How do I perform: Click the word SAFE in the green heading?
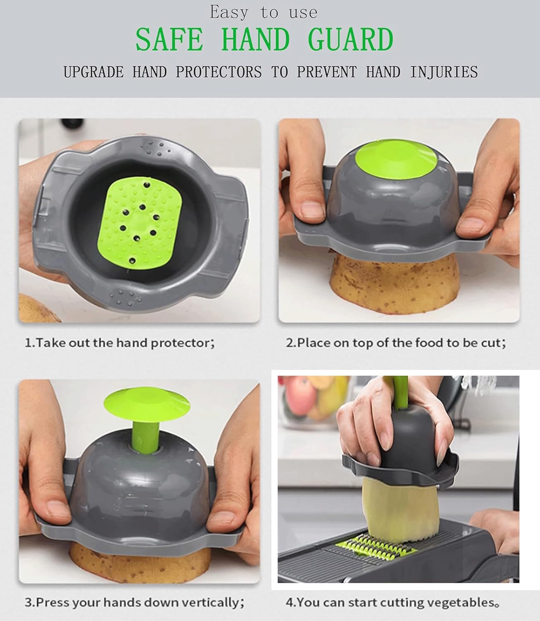pyautogui.click(x=169, y=40)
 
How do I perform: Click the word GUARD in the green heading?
pyautogui.click(x=350, y=40)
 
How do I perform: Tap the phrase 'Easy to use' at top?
pyautogui.click(x=264, y=12)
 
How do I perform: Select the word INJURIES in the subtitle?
pyautogui.click(x=444, y=72)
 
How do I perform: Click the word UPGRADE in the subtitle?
pyautogui.click(x=94, y=72)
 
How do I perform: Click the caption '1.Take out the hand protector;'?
pyautogui.click(x=120, y=343)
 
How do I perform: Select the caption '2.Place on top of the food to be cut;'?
pyautogui.click(x=396, y=343)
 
